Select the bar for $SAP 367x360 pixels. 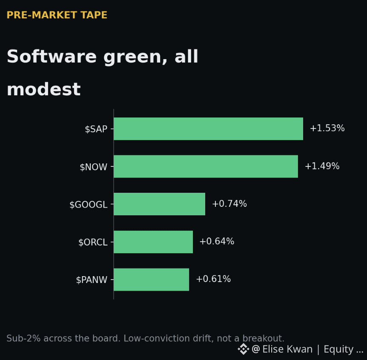(208, 129)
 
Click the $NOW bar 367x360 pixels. (206, 166)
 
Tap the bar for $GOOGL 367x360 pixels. (159, 204)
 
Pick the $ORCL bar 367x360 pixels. (153, 242)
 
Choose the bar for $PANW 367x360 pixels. (152, 280)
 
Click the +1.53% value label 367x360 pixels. (327, 128)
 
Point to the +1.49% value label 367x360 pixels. (322, 166)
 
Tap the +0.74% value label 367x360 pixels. (229, 204)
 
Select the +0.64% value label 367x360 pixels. (217, 241)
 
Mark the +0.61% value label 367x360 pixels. (213, 279)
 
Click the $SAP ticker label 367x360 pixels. (96, 129)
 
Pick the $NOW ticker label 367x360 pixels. (93, 167)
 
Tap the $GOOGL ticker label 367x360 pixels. (89, 205)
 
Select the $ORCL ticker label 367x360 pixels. (93, 242)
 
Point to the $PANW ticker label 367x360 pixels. (92, 280)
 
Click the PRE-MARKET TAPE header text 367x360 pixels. (57, 15)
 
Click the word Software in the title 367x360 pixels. (52, 56)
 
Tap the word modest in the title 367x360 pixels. (44, 89)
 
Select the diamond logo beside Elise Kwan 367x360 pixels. (244, 349)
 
